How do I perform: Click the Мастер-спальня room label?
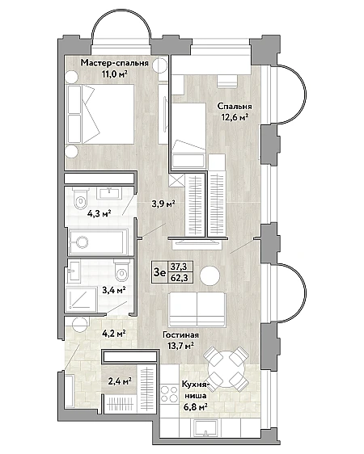click(x=115, y=63)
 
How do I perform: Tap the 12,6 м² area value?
click(x=235, y=118)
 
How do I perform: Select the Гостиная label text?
click(x=180, y=335)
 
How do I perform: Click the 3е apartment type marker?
click(x=159, y=272)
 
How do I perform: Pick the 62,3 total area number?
click(x=179, y=278)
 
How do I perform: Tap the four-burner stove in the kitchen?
click(x=170, y=393)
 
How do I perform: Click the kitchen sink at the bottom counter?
click(x=205, y=428)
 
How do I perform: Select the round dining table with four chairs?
click(x=226, y=369)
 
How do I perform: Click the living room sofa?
click(x=197, y=309)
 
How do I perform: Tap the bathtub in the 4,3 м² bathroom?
click(x=98, y=242)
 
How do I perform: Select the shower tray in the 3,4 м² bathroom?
click(x=82, y=299)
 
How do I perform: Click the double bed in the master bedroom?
click(x=100, y=114)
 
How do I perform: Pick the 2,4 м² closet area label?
click(x=120, y=381)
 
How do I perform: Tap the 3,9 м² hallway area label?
click(x=163, y=204)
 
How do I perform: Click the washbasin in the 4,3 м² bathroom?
click(x=109, y=193)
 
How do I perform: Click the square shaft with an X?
click(x=176, y=181)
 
